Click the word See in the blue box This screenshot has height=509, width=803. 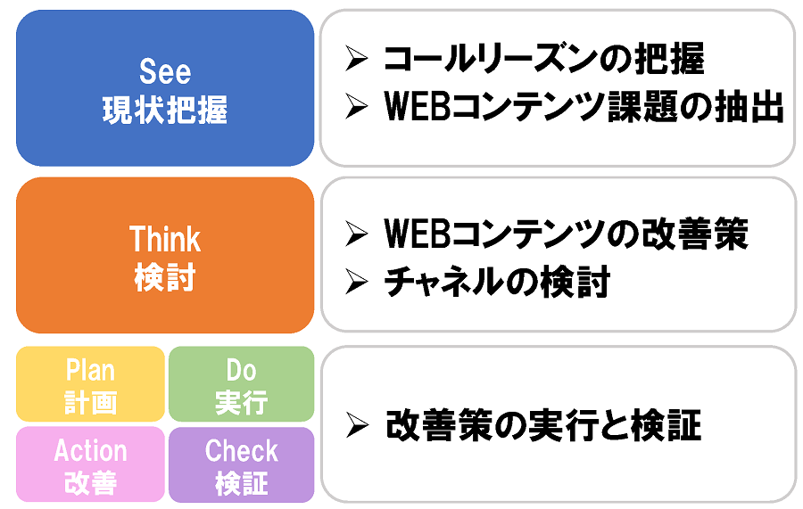point(165,71)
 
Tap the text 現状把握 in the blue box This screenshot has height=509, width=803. point(165,110)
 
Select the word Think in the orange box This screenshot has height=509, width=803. point(165,239)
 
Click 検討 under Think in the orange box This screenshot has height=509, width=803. point(165,278)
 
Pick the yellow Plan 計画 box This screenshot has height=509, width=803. point(91,384)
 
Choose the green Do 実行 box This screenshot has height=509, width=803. point(241,384)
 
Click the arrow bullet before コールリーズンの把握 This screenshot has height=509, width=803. point(356,58)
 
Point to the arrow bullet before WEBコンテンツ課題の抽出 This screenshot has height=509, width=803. point(356,106)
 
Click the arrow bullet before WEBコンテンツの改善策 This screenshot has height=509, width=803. point(356,234)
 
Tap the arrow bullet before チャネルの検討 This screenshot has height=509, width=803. point(356,282)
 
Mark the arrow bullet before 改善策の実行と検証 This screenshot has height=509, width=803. point(357,425)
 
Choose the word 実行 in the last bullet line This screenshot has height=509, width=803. point(562,425)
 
